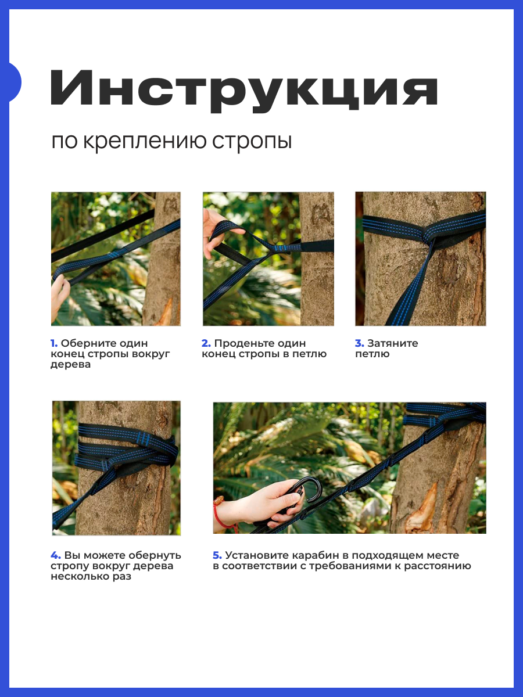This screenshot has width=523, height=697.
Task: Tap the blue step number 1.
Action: pos(54,343)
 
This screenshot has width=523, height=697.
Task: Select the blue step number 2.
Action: pos(206,343)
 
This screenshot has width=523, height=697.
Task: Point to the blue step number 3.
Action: pos(360,343)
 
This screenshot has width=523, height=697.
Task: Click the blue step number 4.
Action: pos(56,555)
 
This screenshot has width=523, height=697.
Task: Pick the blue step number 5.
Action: pos(217,555)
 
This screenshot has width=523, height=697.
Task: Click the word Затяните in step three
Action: pos(393,343)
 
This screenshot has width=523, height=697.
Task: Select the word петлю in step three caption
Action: pos(372,354)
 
